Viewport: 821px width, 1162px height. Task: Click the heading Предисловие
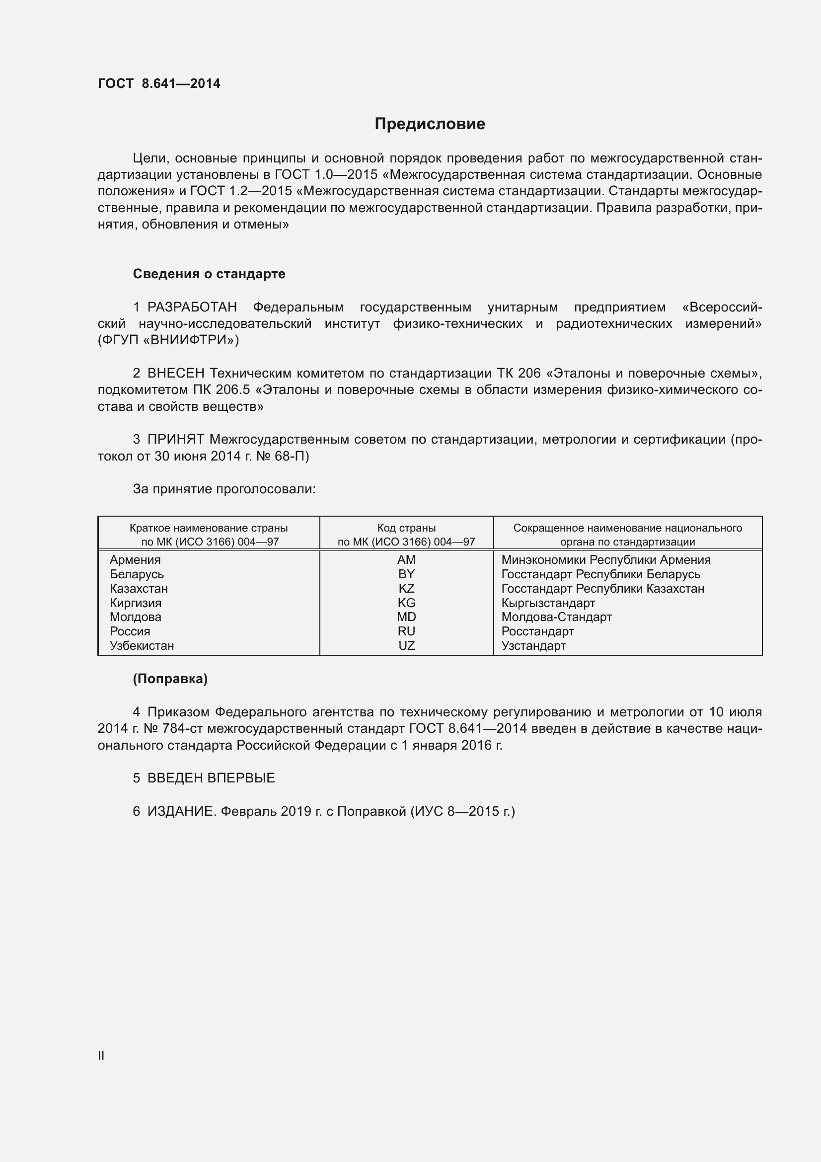click(x=430, y=124)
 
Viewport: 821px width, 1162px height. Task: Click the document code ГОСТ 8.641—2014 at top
click(x=159, y=83)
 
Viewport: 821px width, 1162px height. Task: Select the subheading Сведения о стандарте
click(x=209, y=274)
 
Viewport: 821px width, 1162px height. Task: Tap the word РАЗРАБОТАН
click(x=192, y=307)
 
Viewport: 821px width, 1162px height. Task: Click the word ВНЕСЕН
click(x=176, y=374)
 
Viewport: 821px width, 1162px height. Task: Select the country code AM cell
click(x=406, y=560)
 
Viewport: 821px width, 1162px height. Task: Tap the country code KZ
click(x=406, y=589)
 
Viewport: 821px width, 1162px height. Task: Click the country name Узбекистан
click(x=142, y=646)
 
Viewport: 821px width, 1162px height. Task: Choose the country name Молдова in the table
click(x=136, y=617)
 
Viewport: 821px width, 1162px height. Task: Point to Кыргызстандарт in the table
click(x=548, y=603)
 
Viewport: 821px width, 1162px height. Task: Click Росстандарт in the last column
click(x=538, y=631)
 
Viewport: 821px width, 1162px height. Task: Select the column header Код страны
click(x=406, y=529)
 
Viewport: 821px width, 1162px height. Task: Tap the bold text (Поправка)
click(x=170, y=679)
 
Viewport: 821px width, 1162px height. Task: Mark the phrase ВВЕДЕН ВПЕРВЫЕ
click(x=211, y=778)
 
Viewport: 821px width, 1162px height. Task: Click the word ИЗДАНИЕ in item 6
click(x=182, y=812)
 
